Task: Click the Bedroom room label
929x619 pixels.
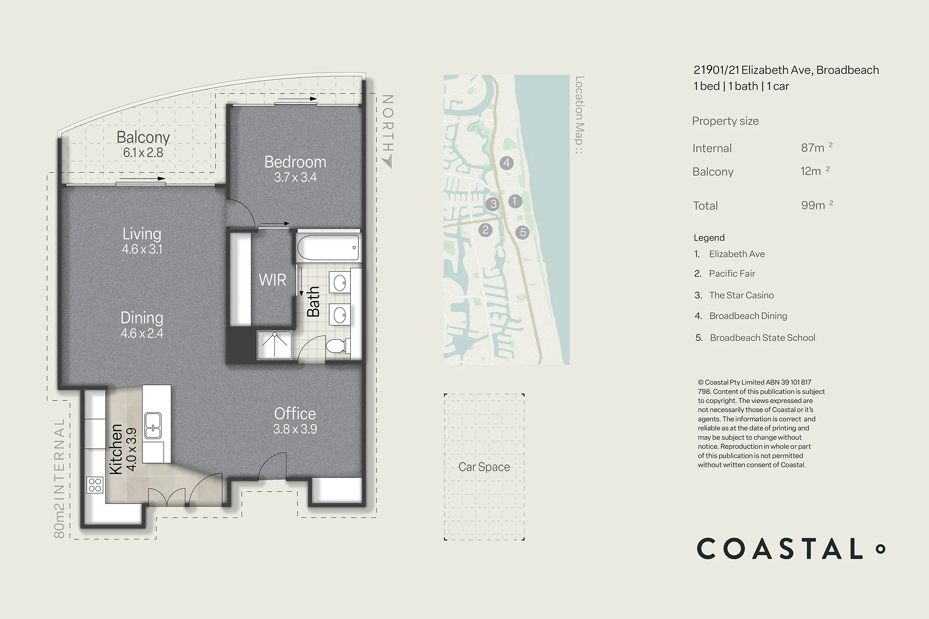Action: [295, 162]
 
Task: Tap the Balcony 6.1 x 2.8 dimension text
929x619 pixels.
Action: [143, 153]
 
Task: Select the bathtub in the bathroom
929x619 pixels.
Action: [328, 248]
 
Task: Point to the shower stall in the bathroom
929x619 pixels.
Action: [275, 345]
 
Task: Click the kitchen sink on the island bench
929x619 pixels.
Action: [153, 426]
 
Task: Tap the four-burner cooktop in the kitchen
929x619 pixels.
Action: [95, 485]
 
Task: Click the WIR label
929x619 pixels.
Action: [272, 280]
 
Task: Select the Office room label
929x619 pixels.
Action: [295, 413]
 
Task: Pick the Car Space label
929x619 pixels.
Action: [484, 467]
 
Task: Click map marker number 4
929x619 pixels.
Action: [507, 162]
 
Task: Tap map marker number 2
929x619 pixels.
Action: [485, 230]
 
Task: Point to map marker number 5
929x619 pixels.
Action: [523, 233]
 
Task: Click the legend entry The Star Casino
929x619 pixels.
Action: [741, 295]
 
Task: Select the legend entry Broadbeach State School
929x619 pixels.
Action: [763, 338]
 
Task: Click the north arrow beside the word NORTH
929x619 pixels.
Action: [387, 162]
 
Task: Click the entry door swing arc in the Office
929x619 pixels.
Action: [271, 463]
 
